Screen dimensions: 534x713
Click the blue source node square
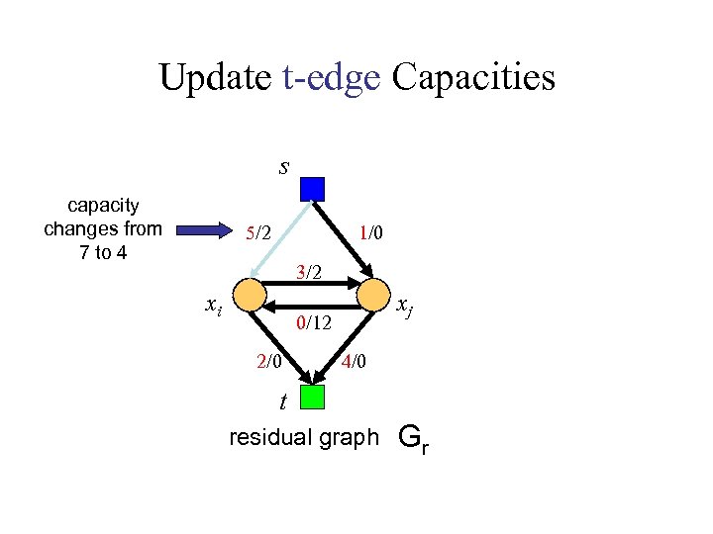[x=313, y=188]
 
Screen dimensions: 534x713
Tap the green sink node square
[x=313, y=398]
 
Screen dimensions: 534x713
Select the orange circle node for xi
[x=252, y=295]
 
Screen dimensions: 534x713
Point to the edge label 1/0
[x=370, y=232]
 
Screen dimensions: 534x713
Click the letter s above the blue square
[x=284, y=166]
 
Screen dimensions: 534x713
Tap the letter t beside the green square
[x=283, y=402]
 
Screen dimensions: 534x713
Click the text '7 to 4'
[x=102, y=252]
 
